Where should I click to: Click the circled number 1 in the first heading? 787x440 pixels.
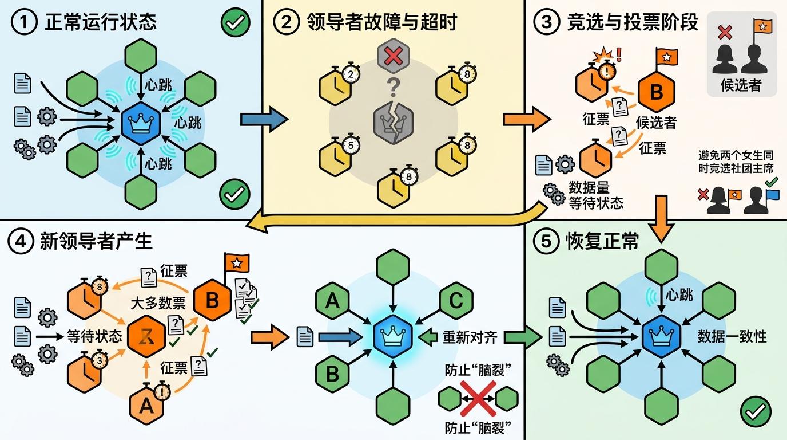click(23, 22)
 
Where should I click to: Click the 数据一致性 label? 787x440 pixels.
click(732, 336)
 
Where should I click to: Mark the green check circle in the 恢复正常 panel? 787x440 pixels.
click(757, 411)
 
